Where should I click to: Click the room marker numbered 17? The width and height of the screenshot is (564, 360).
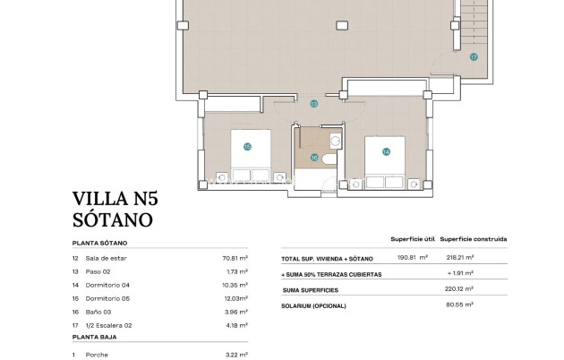(474, 56)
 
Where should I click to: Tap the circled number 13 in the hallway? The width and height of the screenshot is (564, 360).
(313, 104)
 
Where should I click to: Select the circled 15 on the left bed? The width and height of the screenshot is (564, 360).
(247, 146)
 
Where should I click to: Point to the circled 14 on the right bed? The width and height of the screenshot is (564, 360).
(386, 151)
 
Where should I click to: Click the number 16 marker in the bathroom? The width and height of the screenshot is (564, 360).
(314, 159)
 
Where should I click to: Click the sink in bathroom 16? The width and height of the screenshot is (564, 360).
(335, 141)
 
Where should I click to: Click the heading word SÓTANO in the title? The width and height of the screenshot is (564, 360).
(112, 219)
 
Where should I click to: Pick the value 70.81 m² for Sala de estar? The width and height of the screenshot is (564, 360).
(235, 258)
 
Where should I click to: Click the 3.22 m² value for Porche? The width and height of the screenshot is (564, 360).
(236, 356)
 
